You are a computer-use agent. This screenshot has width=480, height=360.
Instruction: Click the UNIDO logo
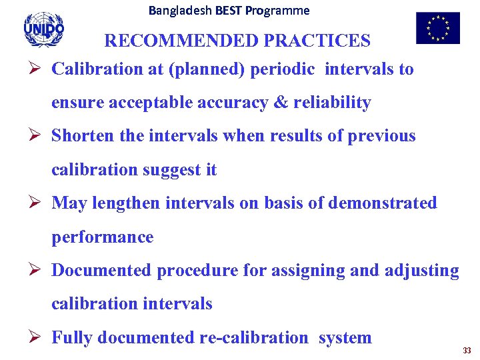(x=43, y=29)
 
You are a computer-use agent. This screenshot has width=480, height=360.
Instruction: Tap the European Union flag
(x=437, y=28)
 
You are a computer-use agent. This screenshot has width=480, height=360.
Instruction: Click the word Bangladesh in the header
(x=177, y=11)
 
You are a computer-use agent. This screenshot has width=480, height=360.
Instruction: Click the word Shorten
(x=83, y=136)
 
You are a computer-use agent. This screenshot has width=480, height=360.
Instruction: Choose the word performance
(x=102, y=237)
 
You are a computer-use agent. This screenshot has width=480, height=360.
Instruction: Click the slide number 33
(x=467, y=350)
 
